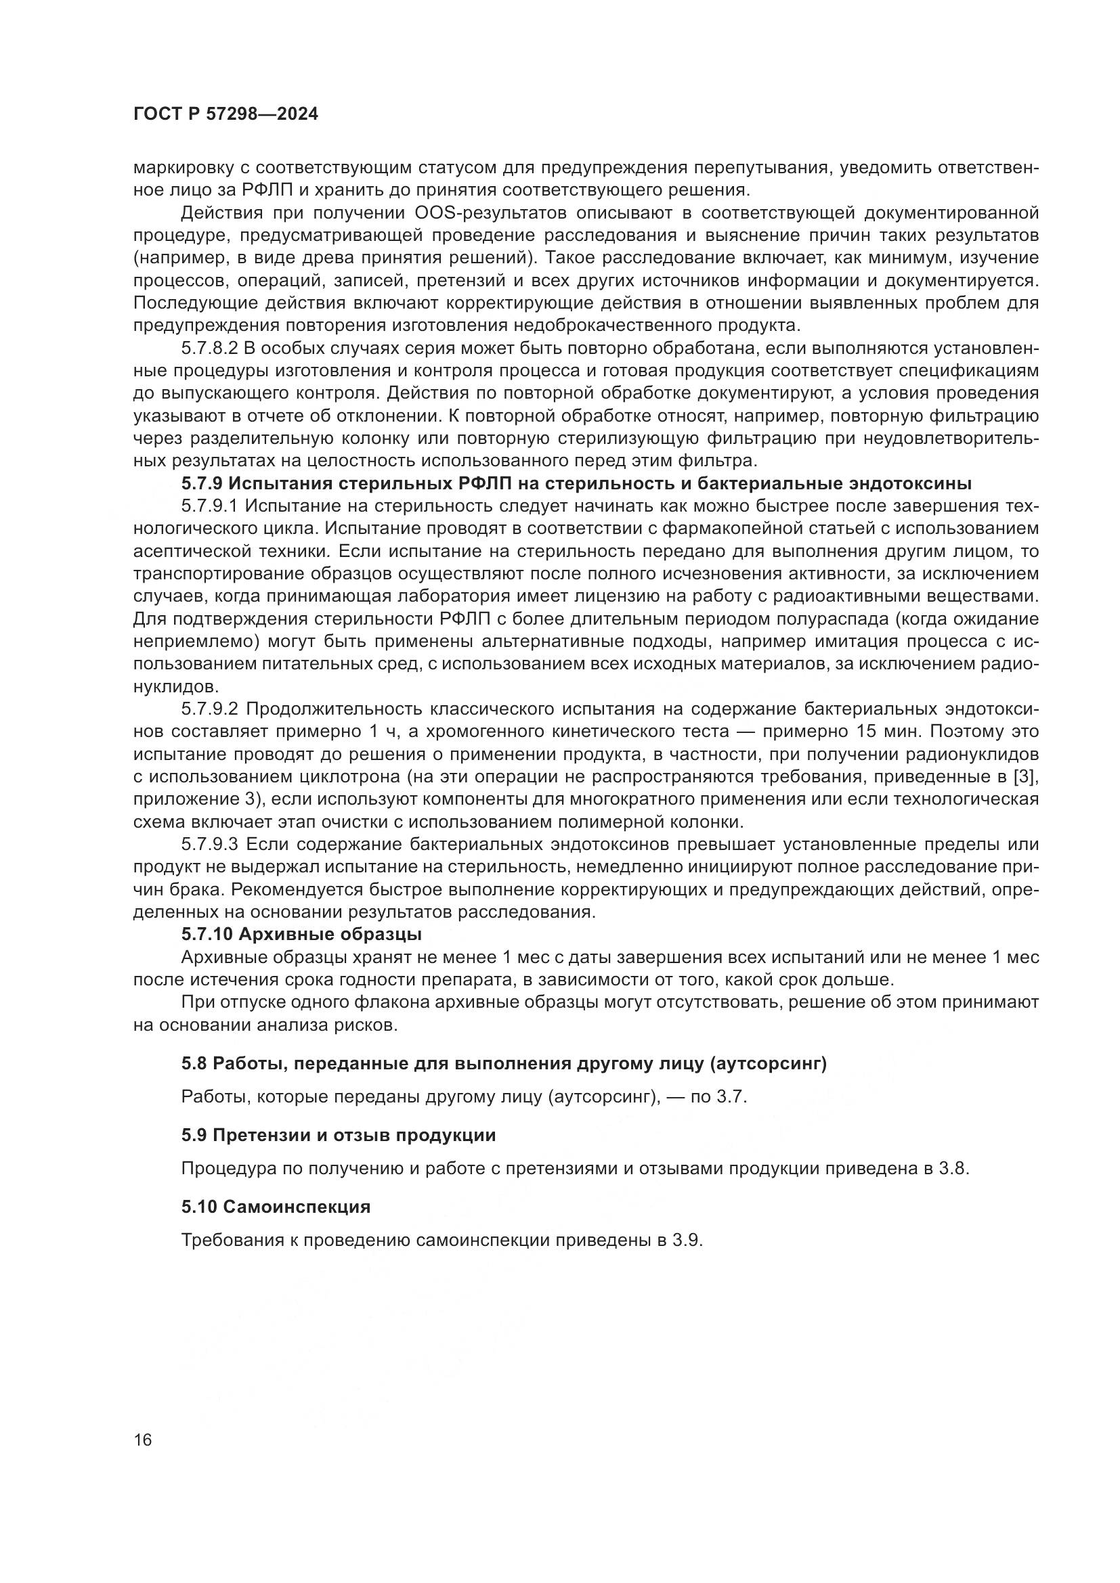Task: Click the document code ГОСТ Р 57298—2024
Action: tap(225, 114)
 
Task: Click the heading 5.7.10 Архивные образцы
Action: tap(301, 934)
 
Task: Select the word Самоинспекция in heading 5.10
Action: tap(297, 1207)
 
